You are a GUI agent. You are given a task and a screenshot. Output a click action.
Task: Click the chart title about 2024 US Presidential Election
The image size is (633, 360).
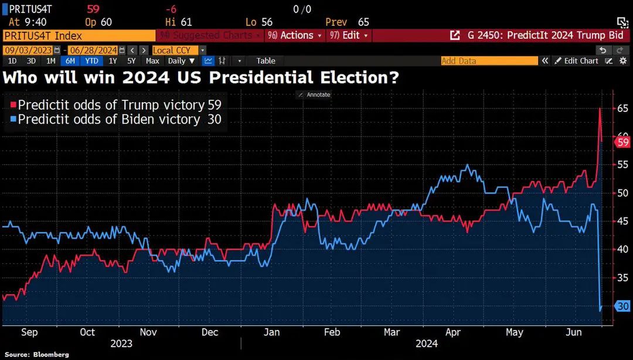tap(201, 77)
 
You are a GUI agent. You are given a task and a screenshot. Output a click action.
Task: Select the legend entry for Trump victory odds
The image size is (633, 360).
tap(116, 105)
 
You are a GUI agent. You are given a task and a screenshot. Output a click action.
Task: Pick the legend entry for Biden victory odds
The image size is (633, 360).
tap(116, 119)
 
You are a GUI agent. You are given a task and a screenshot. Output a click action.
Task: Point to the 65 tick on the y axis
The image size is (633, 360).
tap(622, 108)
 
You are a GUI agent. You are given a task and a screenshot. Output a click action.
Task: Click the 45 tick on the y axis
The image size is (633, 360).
tap(622, 221)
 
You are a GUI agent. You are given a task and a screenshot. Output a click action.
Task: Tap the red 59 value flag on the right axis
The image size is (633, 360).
tap(622, 142)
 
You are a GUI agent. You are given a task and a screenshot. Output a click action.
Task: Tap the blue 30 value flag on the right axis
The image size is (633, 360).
tap(622, 306)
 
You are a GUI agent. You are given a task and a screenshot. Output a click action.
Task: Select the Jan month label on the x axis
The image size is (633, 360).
tap(271, 332)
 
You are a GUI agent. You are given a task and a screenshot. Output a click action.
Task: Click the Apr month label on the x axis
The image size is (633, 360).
tap(453, 332)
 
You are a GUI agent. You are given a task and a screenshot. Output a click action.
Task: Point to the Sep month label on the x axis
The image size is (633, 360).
tap(29, 332)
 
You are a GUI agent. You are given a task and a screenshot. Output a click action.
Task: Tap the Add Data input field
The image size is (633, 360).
tap(489, 61)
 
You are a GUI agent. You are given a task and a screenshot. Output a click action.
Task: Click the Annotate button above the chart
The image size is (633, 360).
tap(315, 94)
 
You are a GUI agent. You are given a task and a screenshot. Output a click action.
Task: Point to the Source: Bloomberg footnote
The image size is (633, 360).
tap(36, 355)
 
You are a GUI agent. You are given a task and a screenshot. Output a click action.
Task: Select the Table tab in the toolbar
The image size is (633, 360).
tap(266, 61)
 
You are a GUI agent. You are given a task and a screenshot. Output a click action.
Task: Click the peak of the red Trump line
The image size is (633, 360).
tap(600, 108)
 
